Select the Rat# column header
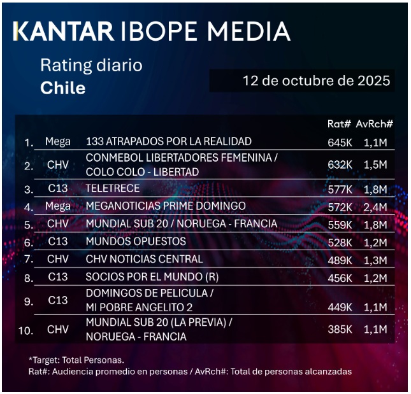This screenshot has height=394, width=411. (339, 124)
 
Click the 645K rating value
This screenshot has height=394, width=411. (340, 142)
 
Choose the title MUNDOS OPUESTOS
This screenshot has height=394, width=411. (136, 242)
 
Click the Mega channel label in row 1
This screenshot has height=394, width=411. (58, 141)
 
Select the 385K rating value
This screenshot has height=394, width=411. (340, 330)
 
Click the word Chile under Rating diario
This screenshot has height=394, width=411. (62, 88)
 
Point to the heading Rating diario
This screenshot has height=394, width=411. (91, 65)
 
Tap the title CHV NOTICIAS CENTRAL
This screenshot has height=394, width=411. (144, 259)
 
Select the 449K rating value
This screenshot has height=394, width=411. (340, 307)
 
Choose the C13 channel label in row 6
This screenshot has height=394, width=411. (57, 242)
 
